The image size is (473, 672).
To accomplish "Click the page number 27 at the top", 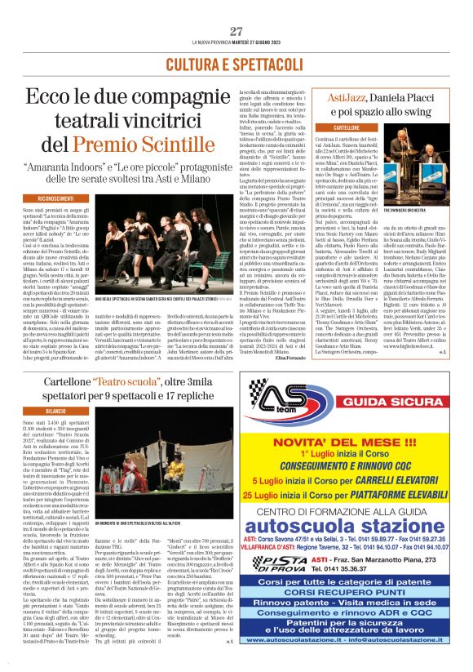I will click(236, 31).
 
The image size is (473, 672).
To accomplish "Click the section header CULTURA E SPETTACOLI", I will click(236, 64).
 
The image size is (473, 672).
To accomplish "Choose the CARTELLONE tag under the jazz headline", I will click(336, 129).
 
